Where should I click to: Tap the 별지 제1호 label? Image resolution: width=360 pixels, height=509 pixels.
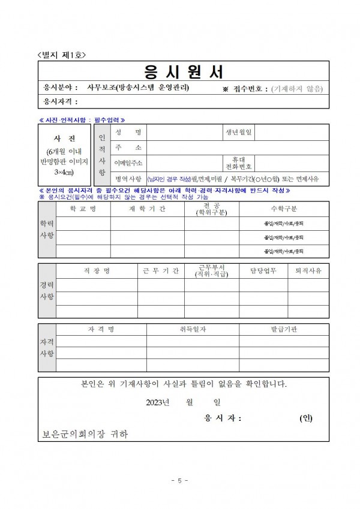coord(62,55)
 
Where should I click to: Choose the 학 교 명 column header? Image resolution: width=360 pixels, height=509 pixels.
coord(83,209)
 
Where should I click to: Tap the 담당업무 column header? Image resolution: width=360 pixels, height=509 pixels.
coord(263,271)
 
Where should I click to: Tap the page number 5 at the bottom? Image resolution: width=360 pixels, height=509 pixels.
coord(180,480)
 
